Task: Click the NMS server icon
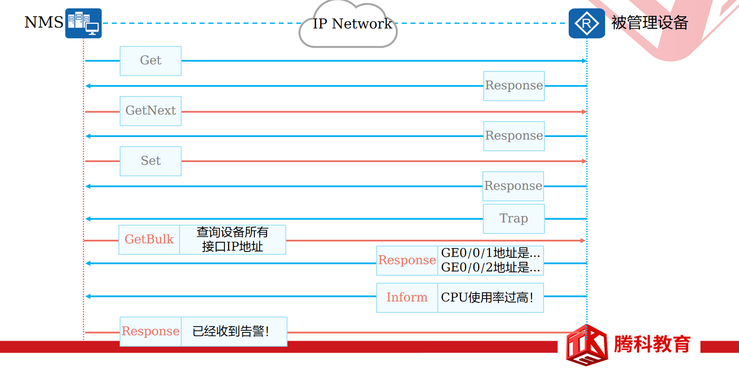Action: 83,23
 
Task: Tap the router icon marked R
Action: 586,23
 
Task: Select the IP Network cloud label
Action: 352,24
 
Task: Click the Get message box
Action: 151,61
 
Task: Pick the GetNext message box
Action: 151,111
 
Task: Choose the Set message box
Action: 151,161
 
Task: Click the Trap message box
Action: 513,218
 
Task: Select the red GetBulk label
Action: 149,239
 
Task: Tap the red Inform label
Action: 407,297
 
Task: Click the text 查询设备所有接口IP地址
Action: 232,239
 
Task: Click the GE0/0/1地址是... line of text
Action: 490,253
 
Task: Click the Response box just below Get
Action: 514,86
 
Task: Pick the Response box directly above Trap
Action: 513,186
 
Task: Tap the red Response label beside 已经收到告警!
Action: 151,331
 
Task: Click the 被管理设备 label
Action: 649,23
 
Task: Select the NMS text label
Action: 44,23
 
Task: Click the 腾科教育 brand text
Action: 652,344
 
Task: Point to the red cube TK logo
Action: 587,345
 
